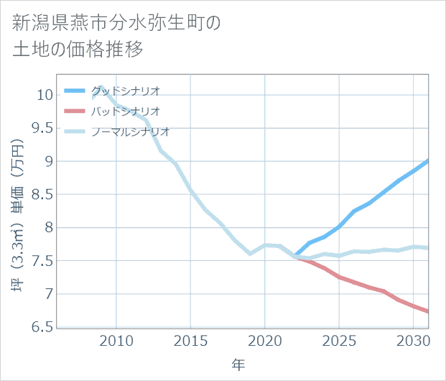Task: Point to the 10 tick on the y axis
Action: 44,95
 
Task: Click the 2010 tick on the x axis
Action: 116,340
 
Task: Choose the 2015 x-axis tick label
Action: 190,340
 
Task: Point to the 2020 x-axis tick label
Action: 265,340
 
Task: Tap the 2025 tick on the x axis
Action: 339,340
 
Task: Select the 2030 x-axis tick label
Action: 413,340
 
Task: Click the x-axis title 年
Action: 238,365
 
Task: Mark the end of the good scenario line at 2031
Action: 428,160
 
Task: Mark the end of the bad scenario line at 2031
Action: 428,311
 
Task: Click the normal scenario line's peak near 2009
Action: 101,87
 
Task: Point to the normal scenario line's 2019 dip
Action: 250,254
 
